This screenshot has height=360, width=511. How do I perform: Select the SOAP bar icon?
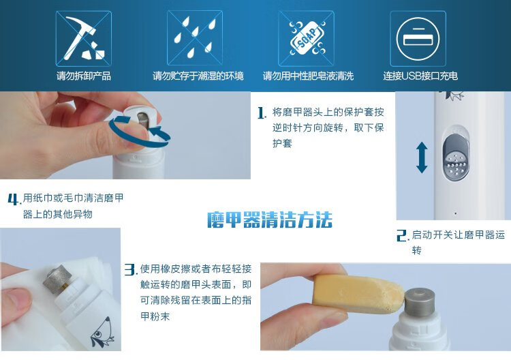(307, 38)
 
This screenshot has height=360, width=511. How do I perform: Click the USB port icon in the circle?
(418, 38)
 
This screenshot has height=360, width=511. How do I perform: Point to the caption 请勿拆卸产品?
(84, 76)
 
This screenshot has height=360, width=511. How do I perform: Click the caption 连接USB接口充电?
(420, 76)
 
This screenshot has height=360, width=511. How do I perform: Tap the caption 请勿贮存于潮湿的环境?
(198, 76)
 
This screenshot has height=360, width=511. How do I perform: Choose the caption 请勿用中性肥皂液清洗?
(308, 76)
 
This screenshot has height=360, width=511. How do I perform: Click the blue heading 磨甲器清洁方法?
(270, 220)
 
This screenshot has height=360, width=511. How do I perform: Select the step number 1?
(262, 113)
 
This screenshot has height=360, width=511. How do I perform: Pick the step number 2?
(403, 235)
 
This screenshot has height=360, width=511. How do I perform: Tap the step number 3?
(131, 270)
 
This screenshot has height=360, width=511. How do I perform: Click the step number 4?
(14, 199)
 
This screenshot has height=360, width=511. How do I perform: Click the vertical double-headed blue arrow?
(422, 157)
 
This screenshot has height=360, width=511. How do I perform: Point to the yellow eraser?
(358, 292)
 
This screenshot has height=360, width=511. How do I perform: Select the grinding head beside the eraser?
(420, 301)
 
